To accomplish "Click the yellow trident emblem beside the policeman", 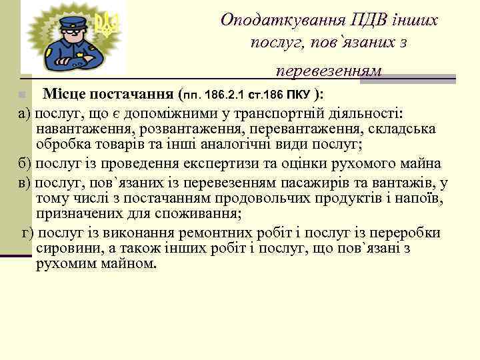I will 105,24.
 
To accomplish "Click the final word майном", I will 131,264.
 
